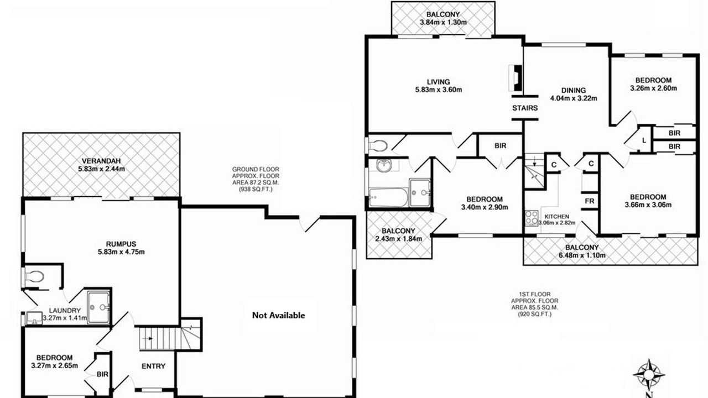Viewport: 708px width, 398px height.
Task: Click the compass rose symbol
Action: [x=648, y=375]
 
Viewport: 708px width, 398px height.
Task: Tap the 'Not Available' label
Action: [x=278, y=315]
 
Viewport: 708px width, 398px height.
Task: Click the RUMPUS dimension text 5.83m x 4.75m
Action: [x=121, y=252]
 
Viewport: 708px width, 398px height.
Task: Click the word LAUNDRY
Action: [x=65, y=311]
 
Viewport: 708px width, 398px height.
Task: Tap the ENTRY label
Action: [x=153, y=366]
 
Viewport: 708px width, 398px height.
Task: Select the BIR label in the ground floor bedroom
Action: [x=102, y=374]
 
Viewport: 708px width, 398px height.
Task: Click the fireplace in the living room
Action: [x=516, y=78]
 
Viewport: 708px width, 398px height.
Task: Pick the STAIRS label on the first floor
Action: [x=525, y=108]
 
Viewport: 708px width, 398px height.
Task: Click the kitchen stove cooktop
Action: [x=532, y=218]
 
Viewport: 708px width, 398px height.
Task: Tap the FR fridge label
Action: [x=589, y=201]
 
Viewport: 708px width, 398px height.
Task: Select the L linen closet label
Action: [x=644, y=140]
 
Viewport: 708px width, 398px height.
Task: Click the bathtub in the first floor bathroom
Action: [x=388, y=197]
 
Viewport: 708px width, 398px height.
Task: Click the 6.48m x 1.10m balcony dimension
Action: [x=582, y=255]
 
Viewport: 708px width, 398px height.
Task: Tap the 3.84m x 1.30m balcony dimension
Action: [x=443, y=23]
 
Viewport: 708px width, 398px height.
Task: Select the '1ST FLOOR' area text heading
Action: [x=534, y=295]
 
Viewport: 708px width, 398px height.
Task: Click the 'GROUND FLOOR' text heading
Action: [x=256, y=169]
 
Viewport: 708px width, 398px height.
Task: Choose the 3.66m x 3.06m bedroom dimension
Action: [x=648, y=205]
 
